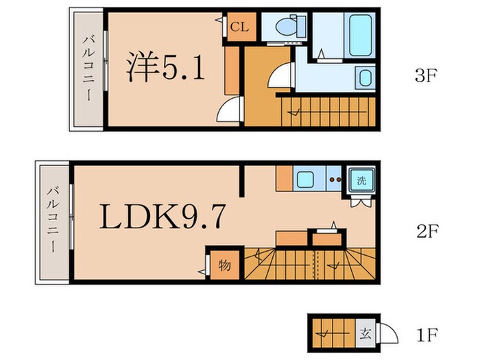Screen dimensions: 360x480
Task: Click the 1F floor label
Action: [426, 337]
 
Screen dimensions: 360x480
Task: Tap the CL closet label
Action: [238, 27]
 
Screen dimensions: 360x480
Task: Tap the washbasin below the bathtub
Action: [363, 77]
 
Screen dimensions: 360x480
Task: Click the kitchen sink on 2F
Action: [304, 180]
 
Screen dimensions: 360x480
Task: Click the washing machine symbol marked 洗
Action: [361, 181]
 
